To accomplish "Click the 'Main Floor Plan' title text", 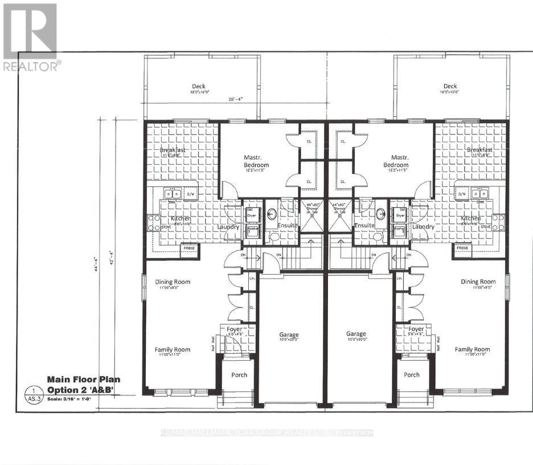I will pos(83,379).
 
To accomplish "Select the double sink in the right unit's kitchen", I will pos(482,194).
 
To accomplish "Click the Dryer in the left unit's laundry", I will pos(252,215).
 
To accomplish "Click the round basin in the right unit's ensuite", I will pos(381,215).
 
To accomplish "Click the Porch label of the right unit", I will pos(411,374).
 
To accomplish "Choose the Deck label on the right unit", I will pos(450,87).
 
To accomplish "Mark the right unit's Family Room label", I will pos(472,349).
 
